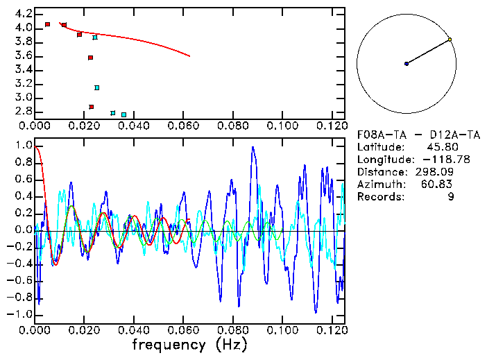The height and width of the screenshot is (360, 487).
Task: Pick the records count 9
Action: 450,197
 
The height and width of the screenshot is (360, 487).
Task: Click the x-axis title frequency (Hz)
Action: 189,345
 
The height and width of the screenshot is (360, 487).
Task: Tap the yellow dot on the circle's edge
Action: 450,40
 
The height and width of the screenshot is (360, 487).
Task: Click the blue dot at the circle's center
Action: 407,64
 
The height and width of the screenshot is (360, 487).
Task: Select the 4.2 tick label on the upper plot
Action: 23,14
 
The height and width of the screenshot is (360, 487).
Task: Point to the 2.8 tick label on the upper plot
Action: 23,111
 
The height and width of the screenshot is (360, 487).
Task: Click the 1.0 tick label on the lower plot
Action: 23,146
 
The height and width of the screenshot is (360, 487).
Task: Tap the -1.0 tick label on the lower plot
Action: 21,314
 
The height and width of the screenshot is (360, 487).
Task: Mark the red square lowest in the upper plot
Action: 91,107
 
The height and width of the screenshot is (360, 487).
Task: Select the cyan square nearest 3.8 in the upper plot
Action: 95,37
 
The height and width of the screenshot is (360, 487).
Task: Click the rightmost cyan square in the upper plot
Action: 123,114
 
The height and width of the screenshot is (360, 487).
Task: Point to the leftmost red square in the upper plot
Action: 47,24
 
